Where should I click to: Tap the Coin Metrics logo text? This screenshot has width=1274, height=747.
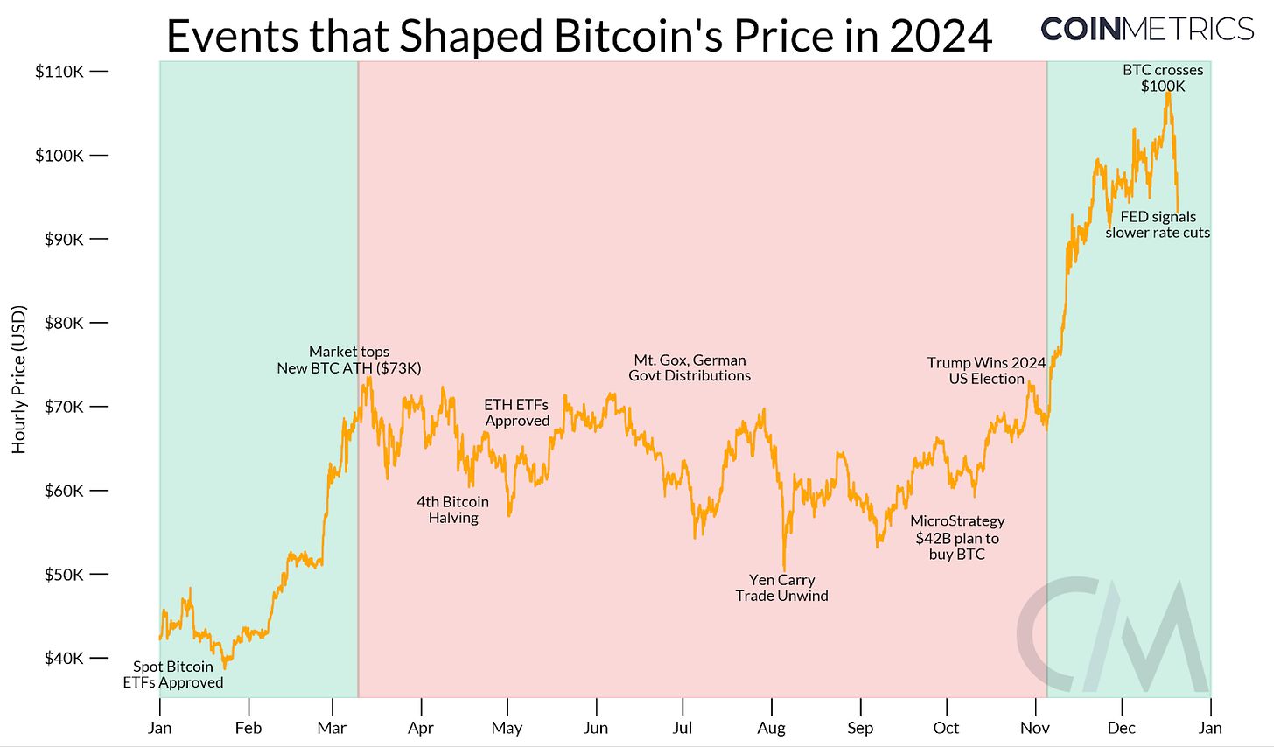coord(1147,28)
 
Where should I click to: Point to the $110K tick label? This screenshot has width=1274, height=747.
coord(59,72)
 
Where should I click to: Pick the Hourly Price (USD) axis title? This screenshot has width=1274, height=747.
coord(19,379)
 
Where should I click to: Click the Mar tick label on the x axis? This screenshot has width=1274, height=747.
coord(332,728)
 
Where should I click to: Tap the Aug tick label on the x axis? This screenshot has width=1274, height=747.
coord(771,728)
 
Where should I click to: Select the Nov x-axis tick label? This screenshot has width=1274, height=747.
coord(1035,728)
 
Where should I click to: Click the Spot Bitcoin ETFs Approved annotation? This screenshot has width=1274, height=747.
coord(173,674)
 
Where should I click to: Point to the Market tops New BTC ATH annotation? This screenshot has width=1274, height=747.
coord(349,360)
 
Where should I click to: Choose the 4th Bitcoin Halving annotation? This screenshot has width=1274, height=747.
coord(453,510)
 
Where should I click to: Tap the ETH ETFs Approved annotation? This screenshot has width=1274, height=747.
coord(517,413)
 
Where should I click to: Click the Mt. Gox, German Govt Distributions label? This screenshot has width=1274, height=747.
coord(689,367)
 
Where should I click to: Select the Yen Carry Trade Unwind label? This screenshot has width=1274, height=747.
coord(781,588)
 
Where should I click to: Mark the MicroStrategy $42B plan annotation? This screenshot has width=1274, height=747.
coord(957,537)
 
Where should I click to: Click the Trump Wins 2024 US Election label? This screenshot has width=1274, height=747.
coord(986,371)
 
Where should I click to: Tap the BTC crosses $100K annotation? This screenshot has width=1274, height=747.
coord(1163,78)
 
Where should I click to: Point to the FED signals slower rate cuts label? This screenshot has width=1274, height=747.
coord(1158,225)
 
